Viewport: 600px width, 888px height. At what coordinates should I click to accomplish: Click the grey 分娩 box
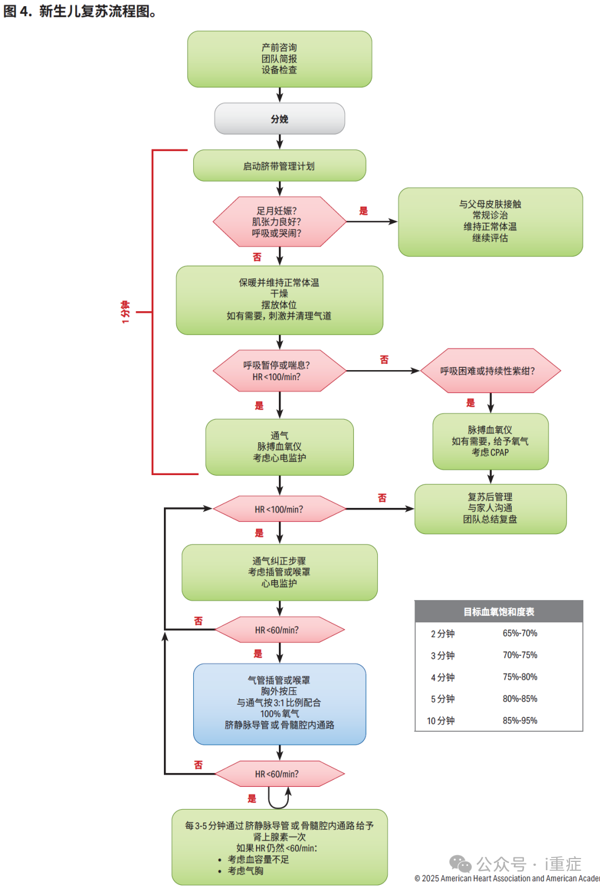[279, 119]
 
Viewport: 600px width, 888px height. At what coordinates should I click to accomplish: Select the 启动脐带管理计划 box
[279, 166]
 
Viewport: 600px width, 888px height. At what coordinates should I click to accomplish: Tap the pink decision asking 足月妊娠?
[279, 222]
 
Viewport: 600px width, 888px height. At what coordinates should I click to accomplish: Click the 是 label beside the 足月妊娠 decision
[363, 211]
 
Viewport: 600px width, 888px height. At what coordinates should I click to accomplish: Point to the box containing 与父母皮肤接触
[490, 222]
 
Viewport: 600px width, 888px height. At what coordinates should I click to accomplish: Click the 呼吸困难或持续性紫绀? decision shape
[490, 371]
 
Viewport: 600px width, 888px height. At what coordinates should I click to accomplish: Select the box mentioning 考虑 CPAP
[490, 441]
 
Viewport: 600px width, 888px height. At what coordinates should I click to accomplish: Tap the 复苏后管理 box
[490, 508]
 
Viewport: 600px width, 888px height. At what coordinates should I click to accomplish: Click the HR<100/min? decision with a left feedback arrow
[279, 509]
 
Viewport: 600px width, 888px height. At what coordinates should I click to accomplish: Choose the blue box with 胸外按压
[279, 704]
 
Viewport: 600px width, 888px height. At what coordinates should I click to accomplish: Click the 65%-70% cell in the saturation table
[520, 633]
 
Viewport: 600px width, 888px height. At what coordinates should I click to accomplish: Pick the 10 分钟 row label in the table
[441, 721]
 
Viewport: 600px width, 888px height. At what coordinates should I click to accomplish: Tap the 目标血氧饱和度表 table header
[498, 612]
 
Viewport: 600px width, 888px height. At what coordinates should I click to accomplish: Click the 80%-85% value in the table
[520, 699]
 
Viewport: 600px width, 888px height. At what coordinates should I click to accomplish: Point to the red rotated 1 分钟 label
[126, 312]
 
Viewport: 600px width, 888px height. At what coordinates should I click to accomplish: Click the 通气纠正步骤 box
[279, 572]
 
